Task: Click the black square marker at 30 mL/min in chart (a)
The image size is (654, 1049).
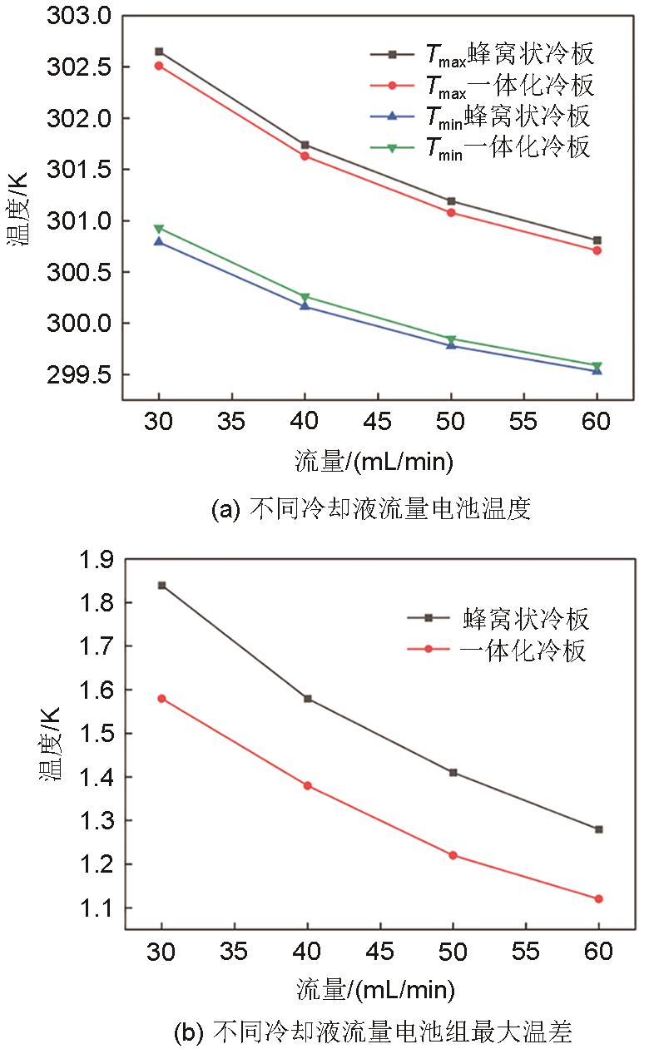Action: click(x=159, y=52)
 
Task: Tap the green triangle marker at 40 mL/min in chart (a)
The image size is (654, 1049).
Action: click(x=305, y=297)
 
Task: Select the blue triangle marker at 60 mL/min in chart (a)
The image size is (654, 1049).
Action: click(x=597, y=370)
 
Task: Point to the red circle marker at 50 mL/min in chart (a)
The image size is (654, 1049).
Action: click(x=451, y=212)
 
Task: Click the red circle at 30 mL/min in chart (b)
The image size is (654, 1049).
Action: click(x=161, y=698)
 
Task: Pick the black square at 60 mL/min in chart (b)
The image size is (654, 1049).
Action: click(x=598, y=829)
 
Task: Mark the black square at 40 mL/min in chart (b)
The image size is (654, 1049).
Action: click(x=308, y=698)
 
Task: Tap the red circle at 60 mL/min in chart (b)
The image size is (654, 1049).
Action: click(x=598, y=898)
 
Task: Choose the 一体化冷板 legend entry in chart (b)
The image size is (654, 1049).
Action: click(x=523, y=650)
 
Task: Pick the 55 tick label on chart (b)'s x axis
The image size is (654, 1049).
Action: click(x=525, y=950)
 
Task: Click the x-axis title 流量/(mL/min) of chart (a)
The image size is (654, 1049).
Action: click(x=378, y=461)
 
